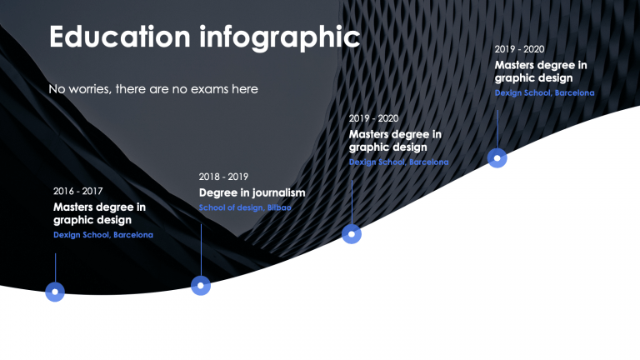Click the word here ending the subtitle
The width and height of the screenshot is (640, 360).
(244, 88)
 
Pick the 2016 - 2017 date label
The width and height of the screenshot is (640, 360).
(78, 191)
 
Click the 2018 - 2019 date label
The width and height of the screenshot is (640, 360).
(223, 177)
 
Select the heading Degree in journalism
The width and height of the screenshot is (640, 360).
(252, 192)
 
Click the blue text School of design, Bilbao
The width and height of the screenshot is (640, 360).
(245, 207)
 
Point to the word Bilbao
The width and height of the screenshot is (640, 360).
(279, 207)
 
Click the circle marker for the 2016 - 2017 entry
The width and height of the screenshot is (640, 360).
(55, 292)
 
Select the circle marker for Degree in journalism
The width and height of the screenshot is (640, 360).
(201, 286)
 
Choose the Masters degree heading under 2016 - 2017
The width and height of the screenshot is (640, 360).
(99, 213)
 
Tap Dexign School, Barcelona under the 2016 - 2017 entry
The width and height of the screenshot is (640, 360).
(103, 235)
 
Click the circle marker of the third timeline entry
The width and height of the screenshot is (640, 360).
(352, 234)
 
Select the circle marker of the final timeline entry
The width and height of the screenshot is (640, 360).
(497, 157)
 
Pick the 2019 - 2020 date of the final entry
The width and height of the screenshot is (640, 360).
(519, 49)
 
